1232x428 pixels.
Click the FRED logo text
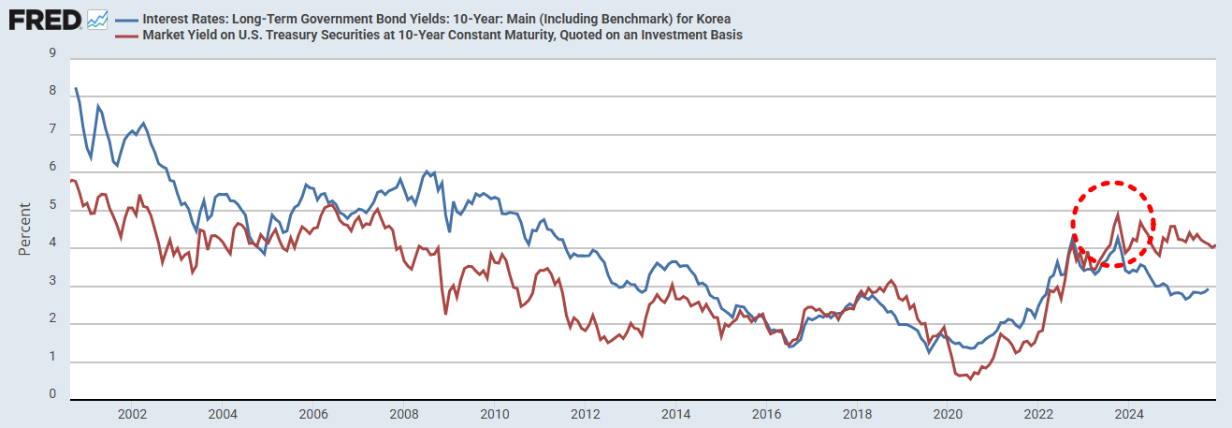tap(45, 19)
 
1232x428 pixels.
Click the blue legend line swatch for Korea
tap(125, 19)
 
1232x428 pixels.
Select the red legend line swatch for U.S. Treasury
tap(125, 35)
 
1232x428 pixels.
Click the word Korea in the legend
tap(712, 19)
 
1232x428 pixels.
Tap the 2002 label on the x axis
tap(132, 414)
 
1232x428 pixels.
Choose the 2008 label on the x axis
tap(403, 414)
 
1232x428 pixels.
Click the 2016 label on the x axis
tap(766, 414)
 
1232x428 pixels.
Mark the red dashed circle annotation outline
tap(1152, 209)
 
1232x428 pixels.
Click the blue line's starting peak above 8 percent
tap(76, 88)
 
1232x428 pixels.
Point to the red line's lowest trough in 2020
tap(963, 376)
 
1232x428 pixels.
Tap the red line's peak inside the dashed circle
tap(1118, 214)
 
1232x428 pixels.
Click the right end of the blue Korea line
tap(1208, 288)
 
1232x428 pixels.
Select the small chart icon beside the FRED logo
tap(97, 19)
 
